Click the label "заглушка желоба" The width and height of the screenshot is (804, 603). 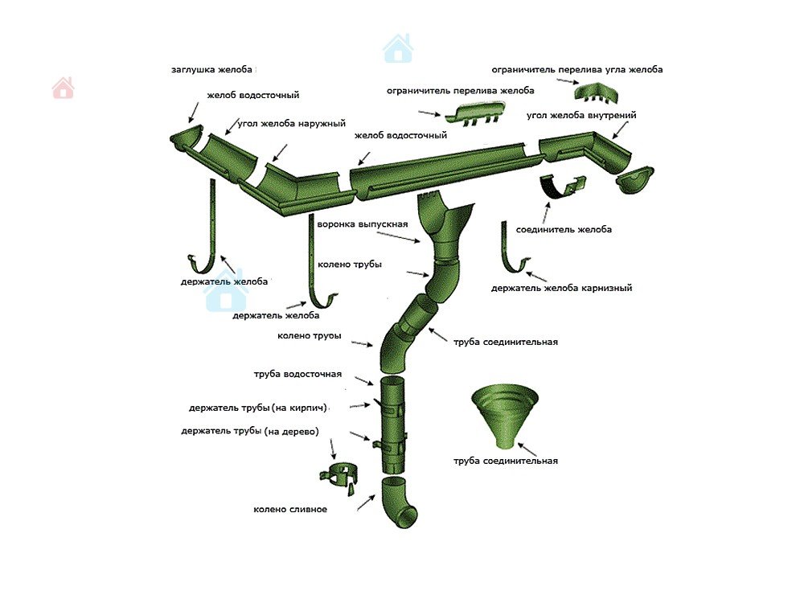point(211,69)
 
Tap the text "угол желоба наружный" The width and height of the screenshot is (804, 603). point(291,124)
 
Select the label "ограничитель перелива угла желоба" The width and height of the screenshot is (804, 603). point(576,69)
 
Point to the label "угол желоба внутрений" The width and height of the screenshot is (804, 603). point(581,115)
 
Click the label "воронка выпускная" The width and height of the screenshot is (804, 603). point(363,224)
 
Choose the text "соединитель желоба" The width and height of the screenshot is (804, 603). point(564,230)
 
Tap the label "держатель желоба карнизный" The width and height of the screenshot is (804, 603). point(561,288)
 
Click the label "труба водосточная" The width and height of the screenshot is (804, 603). point(297,375)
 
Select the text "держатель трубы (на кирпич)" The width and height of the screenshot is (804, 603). point(258,408)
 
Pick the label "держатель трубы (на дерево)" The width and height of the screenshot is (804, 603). point(250,431)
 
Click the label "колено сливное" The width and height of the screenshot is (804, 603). point(290,510)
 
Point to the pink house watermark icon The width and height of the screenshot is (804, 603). point(63,88)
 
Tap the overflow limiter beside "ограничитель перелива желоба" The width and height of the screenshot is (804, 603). point(476,113)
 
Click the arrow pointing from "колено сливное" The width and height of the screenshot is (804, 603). point(366,502)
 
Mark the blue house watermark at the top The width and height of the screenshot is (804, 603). point(398,49)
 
